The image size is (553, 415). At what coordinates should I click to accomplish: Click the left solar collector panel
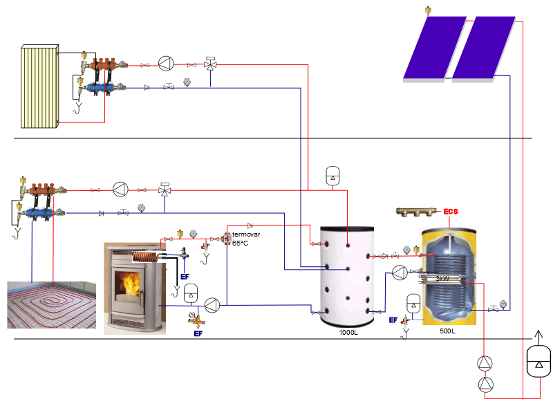(x=434, y=48)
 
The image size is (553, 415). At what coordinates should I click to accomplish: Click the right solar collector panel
(x=483, y=48)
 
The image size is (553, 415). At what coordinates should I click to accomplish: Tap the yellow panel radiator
(x=40, y=86)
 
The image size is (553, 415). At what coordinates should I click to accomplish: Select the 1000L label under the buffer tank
(x=348, y=333)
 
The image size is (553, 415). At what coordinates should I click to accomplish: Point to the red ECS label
(x=451, y=212)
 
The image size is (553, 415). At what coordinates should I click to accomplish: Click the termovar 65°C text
(x=246, y=239)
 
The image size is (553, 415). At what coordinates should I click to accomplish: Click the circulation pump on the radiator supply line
(x=165, y=64)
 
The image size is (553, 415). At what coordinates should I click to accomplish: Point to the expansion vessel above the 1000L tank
(x=333, y=176)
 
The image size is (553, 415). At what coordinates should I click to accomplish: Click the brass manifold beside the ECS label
(x=419, y=210)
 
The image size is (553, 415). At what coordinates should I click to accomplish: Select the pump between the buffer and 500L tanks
(x=400, y=272)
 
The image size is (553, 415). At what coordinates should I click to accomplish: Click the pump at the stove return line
(x=212, y=304)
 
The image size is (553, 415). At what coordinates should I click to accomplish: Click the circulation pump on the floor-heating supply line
(x=121, y=189)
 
